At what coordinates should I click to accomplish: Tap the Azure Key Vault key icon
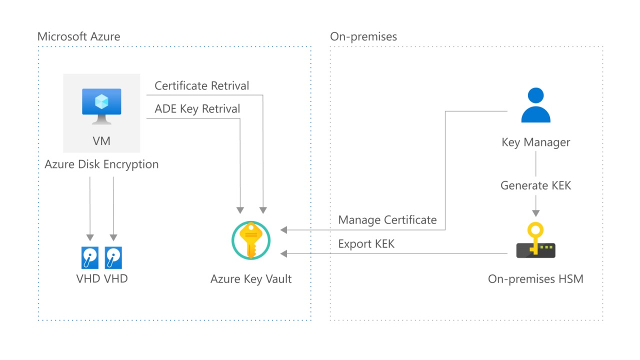pos(251,240)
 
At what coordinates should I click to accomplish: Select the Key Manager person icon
pos(535,105)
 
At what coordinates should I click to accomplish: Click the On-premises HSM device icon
pos(535,242)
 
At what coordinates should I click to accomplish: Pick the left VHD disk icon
pos(90,257)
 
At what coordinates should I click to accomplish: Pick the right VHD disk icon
pos(113,257)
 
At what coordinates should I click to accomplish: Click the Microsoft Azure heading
pos(79,36)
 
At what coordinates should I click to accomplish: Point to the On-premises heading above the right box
pos(363,36)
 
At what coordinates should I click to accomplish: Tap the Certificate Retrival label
pos(202,86)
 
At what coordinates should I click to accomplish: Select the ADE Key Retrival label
pos(197,109)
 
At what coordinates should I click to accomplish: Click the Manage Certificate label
pos(387,220)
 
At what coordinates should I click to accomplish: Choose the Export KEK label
pos(366,244)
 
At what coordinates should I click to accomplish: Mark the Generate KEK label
pos(535,185)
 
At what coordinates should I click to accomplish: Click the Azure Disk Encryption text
pos(101,164)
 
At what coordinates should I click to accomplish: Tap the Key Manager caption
pos(535,142)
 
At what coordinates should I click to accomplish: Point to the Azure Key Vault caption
pos(251,278)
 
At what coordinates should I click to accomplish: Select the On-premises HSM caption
pos(535,278)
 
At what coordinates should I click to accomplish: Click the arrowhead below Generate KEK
pos(535,212)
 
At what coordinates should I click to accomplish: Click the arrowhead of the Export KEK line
pos(284,254)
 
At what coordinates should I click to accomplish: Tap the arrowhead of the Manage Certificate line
pos(284,230)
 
